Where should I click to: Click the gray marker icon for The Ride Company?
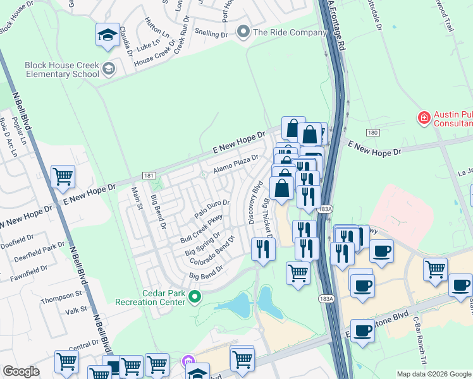tap(243, 32)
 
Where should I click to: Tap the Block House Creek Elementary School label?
tap(62, 69)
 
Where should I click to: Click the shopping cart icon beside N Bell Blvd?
tap(63, 177)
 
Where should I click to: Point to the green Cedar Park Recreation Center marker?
tap(195, 296)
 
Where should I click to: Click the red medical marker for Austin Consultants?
tap(423, 117)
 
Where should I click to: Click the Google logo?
tap(21, 371)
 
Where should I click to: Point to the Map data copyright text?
tap(433, 374)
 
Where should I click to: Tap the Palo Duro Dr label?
tap(211, 209)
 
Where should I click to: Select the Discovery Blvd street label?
tap(255, 203)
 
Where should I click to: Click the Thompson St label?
tap(61, 294)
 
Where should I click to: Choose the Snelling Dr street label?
tap(211, 32)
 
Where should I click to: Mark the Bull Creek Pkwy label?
tap(202, 229)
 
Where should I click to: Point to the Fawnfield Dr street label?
tap(23, 272)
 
